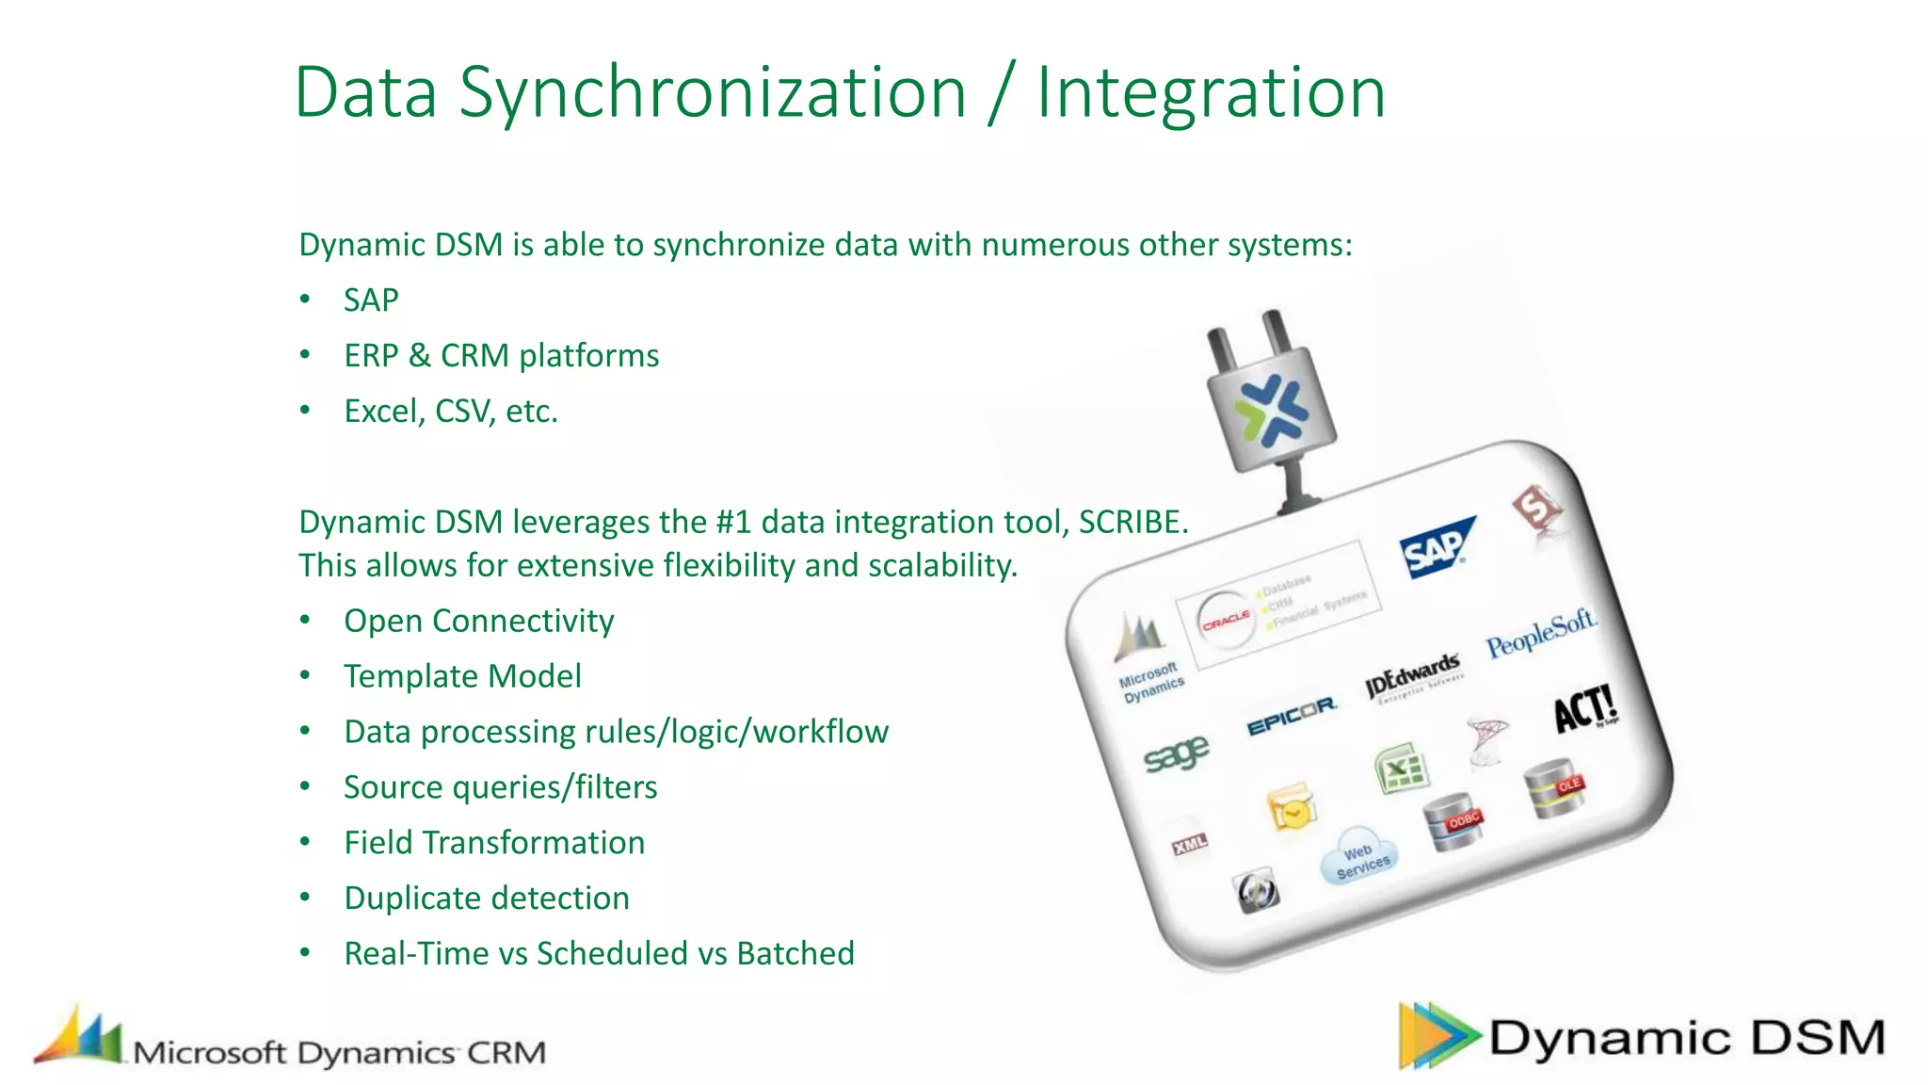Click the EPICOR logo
(x=1292, y=717)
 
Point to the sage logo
(x=1176, y=753)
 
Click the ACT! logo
(x=1584, y=708)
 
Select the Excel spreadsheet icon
(x=1402, y=769)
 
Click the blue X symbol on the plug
(x=1270, y=411)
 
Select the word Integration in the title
(x=1211, y=92)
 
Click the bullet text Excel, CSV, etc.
(x=450, y=412)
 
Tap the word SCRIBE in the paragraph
(x=1132, y=522)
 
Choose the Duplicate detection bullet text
(x=486, y=898)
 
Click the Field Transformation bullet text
(x=494, y=842)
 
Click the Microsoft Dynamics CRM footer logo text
(x=339, y=1052)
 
